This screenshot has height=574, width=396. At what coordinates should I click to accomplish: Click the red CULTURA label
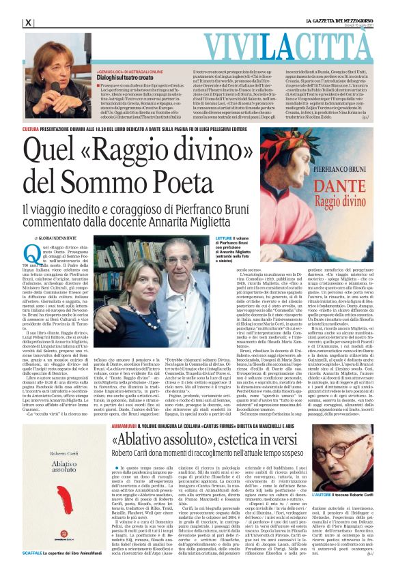point(31,128)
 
